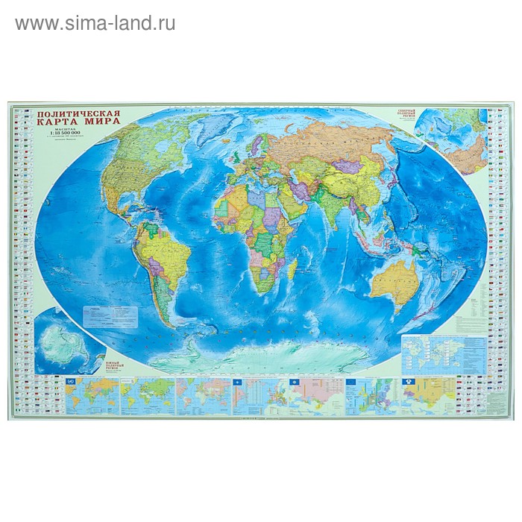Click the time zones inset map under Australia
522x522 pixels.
[433, 350]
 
